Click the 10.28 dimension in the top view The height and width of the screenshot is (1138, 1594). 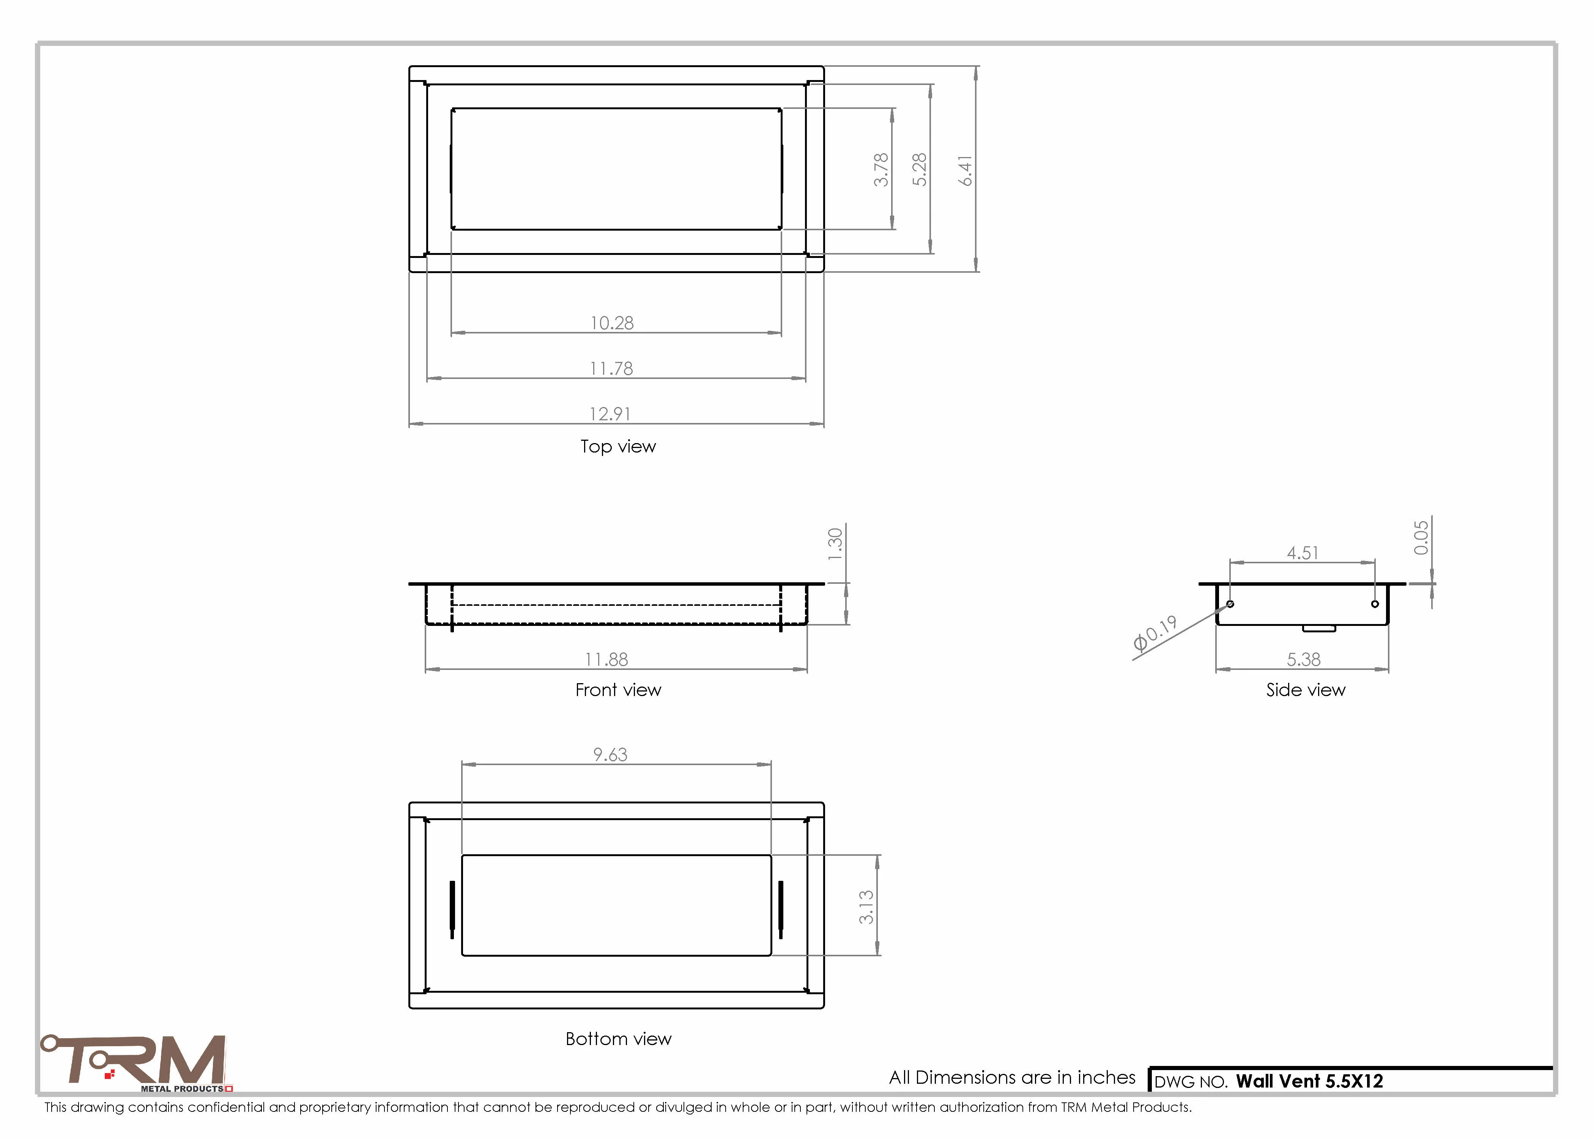tap(612, 323)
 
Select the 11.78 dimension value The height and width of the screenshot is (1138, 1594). tap(611, 369)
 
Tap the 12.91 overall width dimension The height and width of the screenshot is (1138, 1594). tap(610, 414)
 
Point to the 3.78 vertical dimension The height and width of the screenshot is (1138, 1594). tap(881, 170)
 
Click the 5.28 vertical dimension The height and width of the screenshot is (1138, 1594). tap(920, 170)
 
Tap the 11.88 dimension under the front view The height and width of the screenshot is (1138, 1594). tap(606, 659)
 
